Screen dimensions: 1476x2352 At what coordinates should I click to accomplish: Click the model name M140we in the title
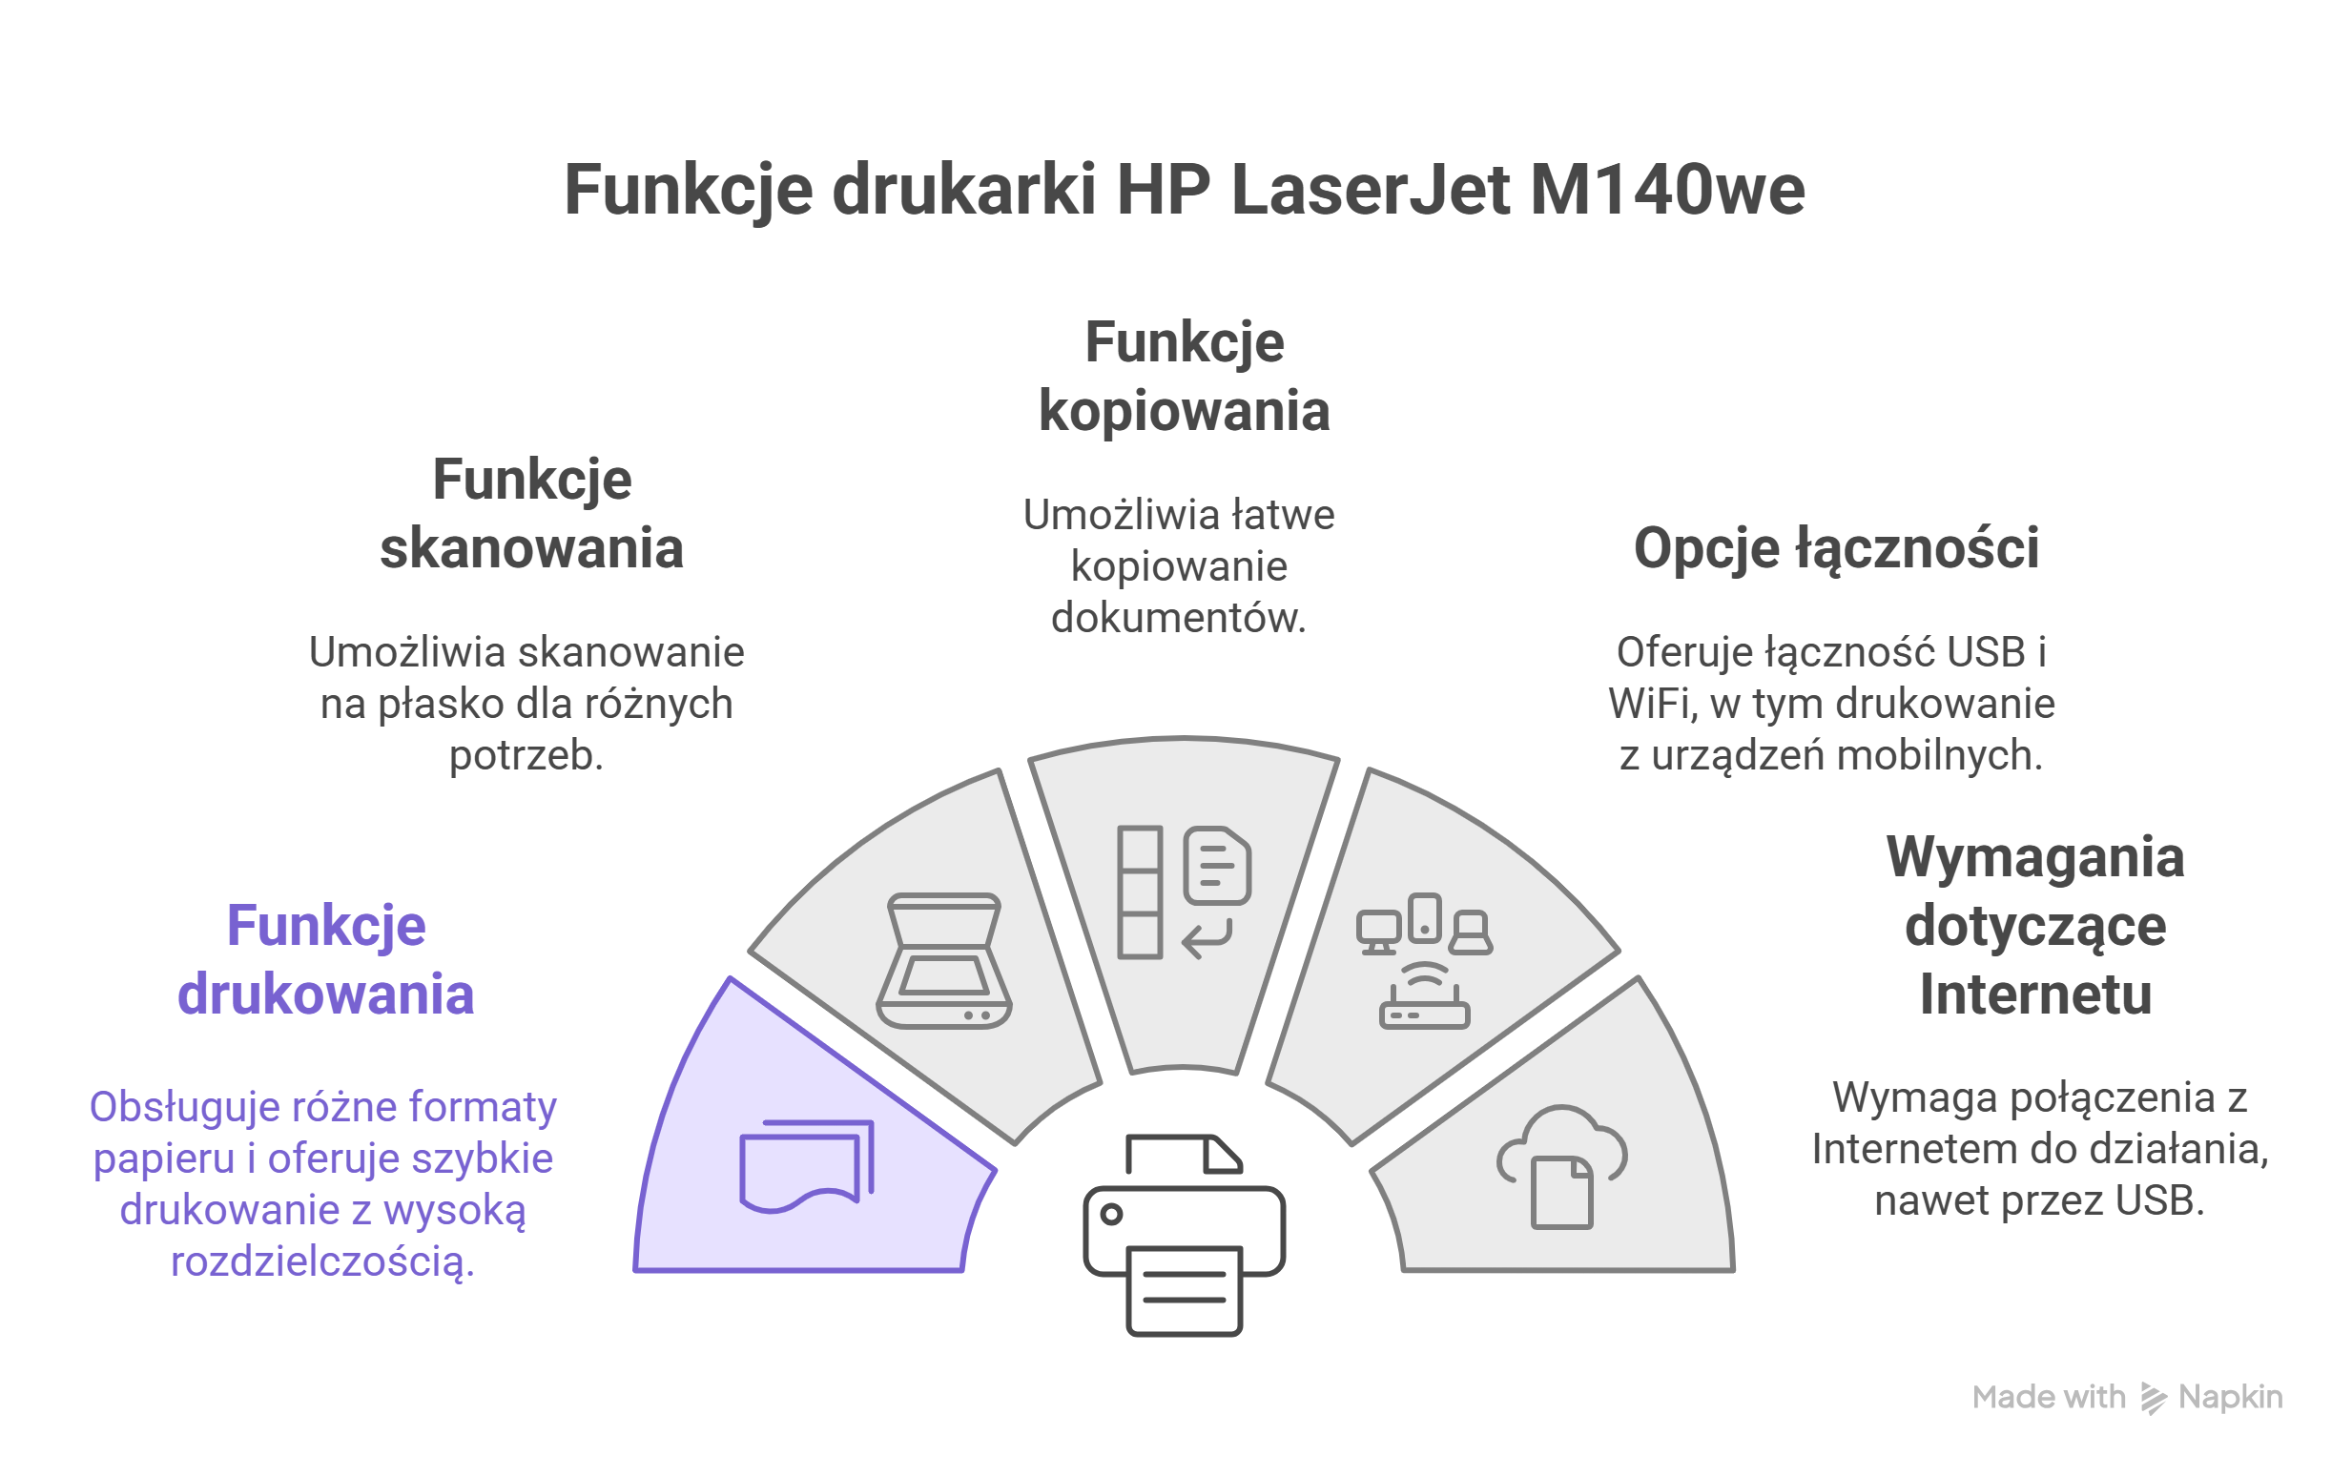click(1666, 190)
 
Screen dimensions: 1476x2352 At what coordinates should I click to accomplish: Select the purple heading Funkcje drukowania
click(326, 959)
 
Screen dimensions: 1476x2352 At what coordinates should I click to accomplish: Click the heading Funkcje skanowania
click(532, 514)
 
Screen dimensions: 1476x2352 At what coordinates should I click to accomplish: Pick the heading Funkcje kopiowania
click(1185, 376)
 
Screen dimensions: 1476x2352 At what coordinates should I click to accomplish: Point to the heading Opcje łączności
click(1835, 547)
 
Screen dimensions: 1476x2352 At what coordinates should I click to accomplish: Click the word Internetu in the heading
click(2034, 994)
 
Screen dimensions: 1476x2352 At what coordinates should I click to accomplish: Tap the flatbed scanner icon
click(944, 961)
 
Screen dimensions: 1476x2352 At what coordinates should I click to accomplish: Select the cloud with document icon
click(1562, 1165)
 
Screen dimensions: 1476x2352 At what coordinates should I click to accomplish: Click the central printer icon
click(1185, 1235)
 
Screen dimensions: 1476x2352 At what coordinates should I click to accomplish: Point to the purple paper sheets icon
click(807, 1165)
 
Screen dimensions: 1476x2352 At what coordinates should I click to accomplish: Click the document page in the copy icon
click(1216, 865)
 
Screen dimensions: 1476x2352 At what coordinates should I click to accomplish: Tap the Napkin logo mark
click(2153, 1398)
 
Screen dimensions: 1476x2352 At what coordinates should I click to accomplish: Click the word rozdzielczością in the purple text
click(322, 1261)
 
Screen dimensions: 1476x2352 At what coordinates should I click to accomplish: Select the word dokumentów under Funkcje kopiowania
click(1179, 618)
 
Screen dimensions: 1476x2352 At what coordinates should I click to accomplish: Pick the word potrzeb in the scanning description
click(526, 754)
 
